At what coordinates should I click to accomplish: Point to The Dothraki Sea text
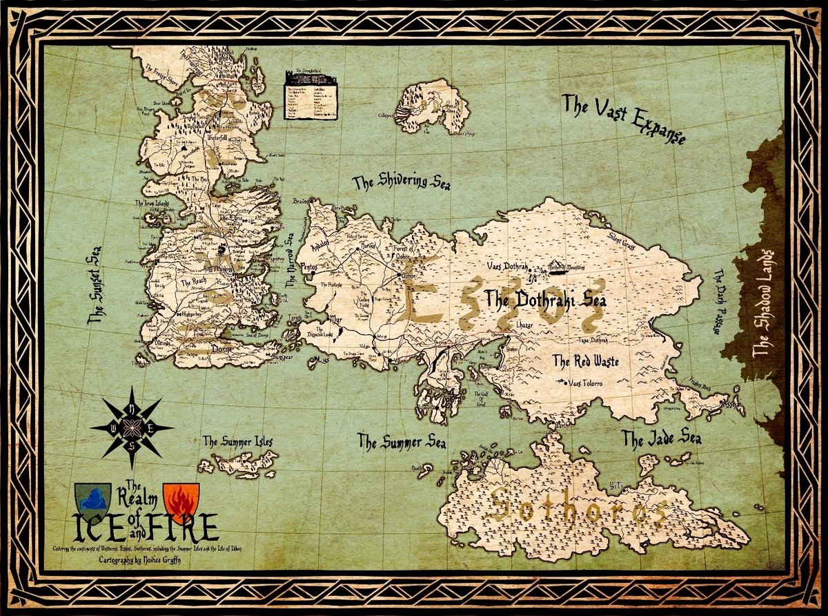pos(540,300)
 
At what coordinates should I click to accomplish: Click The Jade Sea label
pos(661,439)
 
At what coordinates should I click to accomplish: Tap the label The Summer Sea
pos(401,441)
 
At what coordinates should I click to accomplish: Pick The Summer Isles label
pos(237,441)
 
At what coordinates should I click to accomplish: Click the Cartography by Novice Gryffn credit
pos(140,561)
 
